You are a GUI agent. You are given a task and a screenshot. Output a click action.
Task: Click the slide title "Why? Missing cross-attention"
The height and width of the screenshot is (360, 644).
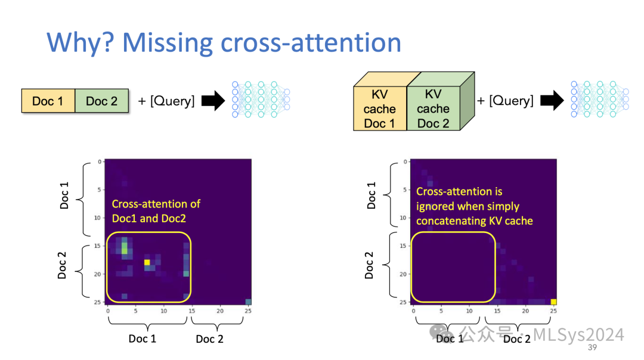[x=224, y=43]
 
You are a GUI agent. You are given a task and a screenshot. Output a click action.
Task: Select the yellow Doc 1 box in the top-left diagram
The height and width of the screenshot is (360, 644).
[x=48, y=101]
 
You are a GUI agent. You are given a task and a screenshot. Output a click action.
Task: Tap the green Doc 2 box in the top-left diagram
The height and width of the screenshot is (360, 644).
[x=101, y=101]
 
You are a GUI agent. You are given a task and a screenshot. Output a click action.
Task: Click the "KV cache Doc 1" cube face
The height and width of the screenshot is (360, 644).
[x=379, y=108]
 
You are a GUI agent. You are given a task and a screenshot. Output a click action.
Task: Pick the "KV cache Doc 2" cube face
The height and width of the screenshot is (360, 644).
[x=433, y=108]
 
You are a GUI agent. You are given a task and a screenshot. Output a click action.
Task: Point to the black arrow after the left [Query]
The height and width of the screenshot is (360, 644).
[x=212, y=101]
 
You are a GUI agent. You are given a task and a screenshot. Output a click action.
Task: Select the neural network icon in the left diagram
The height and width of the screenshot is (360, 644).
[x=261, y=99]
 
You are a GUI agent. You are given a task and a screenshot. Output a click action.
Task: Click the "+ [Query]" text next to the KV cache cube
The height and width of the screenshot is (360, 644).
[x=505, y=101]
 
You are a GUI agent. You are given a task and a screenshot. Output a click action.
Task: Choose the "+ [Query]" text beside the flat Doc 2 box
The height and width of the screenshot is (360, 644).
[x=166, y=101]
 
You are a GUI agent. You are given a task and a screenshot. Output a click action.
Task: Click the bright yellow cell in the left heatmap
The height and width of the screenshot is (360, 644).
[x=147, y=262]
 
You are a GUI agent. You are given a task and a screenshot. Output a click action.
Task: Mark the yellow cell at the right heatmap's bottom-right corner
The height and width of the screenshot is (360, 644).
[x=553, y=302]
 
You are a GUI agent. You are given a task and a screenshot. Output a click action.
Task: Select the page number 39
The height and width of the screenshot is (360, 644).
[x=593, y=347]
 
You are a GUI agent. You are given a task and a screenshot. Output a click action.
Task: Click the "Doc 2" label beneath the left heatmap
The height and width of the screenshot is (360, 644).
[x=210, y=339]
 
